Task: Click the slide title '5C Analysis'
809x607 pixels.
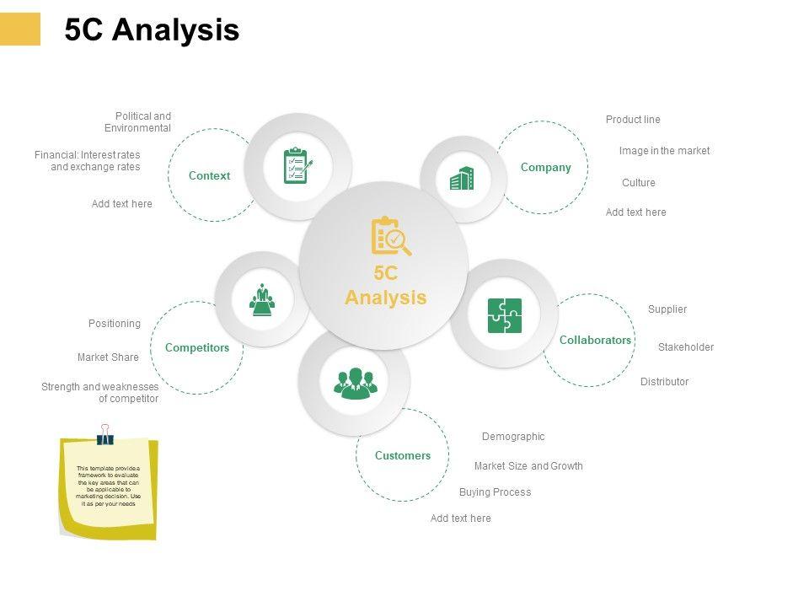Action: point(152,30)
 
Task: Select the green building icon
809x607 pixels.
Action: point(462,178)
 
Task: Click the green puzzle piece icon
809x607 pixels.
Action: point(505,315)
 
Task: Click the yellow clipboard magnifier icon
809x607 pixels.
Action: point(390,236)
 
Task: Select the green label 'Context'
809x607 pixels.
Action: point(209,175)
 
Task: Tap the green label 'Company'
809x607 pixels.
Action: point(545,167)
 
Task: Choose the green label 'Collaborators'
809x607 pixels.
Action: point(595,340)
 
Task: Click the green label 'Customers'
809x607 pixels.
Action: point(402,455)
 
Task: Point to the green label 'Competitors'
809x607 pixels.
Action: point(197,347)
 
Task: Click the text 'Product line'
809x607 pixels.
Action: point(633,120)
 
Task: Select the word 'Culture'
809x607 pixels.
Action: point(638,183)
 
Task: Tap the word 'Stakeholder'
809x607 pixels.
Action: point(685,347)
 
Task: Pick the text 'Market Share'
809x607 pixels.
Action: point(108,357)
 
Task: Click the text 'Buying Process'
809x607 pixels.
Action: point(495,492)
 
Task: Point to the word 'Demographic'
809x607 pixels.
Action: point(513,437)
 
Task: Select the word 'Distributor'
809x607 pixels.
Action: point(664,382)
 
